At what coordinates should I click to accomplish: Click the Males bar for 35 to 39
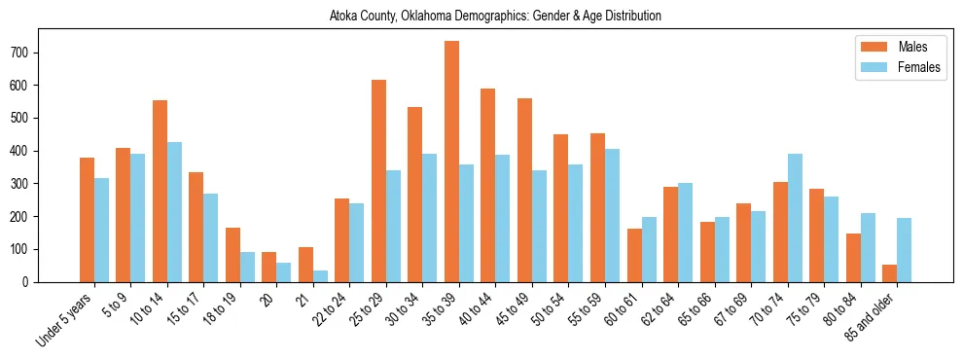(x=452, y=162)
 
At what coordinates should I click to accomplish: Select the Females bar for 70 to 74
(x=795, y=218)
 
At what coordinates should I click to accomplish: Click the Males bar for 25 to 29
(x=379, y=181)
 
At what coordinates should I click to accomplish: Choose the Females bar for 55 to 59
(x=613, y=215)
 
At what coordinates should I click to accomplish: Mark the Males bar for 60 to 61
(x=634, y=255)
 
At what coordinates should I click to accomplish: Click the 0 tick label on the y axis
(x=29, y=282)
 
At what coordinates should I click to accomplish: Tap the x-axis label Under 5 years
(x=65, y=317)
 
